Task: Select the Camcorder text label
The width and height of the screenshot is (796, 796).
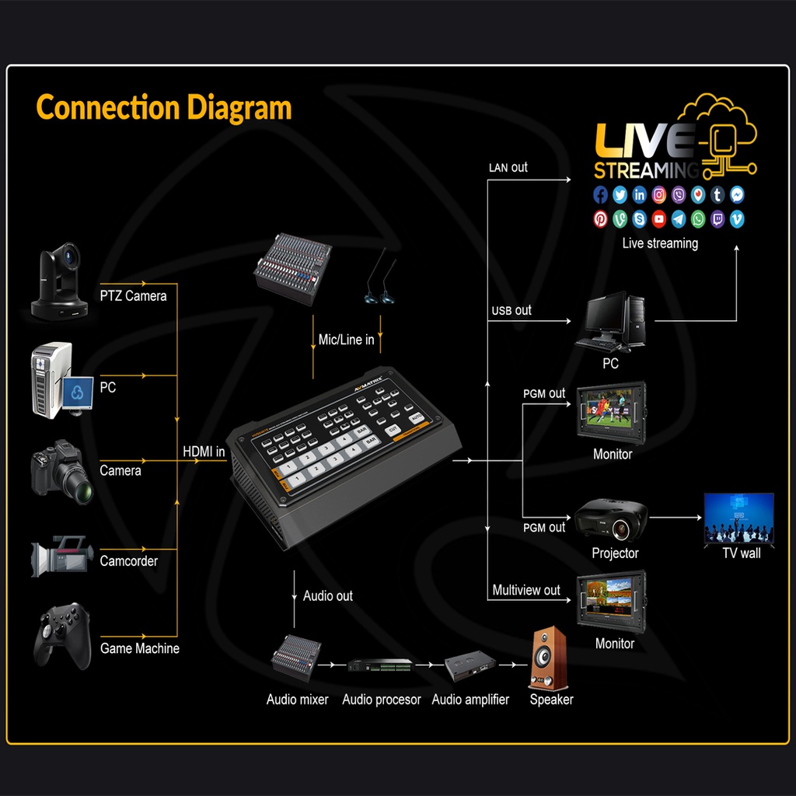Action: click(x=129, y=560)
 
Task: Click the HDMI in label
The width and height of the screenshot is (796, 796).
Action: click(x=204, y=451)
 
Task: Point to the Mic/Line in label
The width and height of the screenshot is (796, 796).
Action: click(x=346, y=340)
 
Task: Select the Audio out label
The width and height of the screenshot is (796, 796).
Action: click(x=327, y=595)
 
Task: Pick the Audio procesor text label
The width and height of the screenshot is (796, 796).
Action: click(x=382, y=700)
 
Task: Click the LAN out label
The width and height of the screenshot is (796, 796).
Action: click(x=508, y=167)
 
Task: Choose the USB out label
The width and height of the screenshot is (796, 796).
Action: click(x=511, y=310)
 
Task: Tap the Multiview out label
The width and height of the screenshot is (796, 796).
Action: click(x=526, y=590)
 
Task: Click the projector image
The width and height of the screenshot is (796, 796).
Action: click(x=611, y=519)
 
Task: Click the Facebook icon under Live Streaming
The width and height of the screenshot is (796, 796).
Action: click(x=601, y=195)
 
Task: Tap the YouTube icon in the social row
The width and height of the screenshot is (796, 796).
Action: click(x=659, y=219)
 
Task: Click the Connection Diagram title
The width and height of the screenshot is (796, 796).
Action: click(x=164, y=107)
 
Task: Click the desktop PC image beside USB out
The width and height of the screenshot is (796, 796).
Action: click(x=612, y=320)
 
